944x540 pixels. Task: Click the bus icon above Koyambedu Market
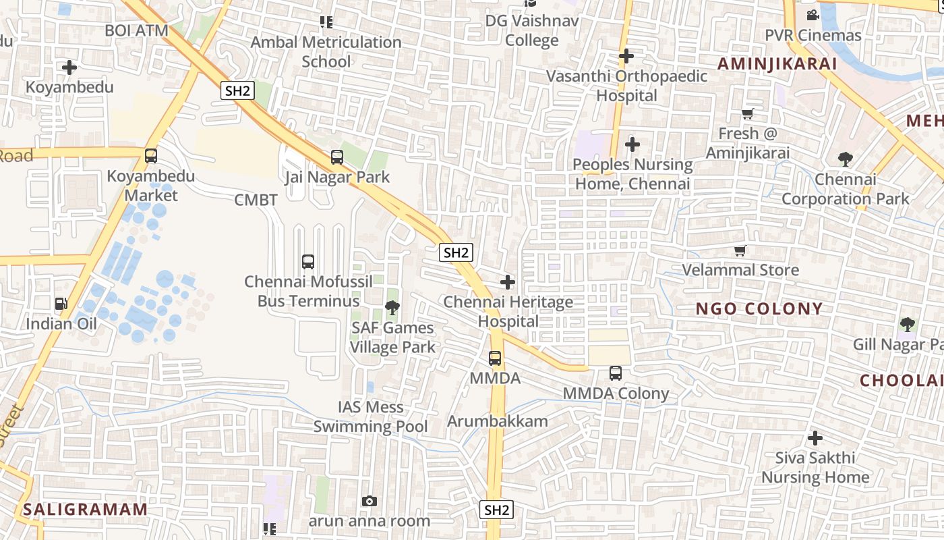[x=151, y=156]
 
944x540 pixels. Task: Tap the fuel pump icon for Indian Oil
[x=61, y=304]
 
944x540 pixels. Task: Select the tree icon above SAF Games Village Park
[x=392, y=308]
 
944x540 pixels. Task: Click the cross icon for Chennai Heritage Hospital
[x=508, y=282]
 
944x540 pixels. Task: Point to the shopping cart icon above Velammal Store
[x=740, y=251]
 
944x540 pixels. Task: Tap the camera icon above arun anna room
[x=369, y=501]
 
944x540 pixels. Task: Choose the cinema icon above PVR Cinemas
[x=813, y=15]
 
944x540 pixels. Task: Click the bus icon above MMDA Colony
[x=615, y=373]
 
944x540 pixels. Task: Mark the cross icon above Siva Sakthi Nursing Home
[x=815, y=437]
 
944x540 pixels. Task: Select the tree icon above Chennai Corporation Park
[x=845, y=159]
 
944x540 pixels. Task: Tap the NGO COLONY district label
[x=759, y=309]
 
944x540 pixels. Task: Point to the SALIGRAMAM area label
[x=85, y=510]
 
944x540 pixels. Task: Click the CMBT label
[x=256, y=200]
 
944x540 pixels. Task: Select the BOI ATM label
[x=136, y=30]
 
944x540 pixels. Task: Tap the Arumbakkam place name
[x=498, y=421]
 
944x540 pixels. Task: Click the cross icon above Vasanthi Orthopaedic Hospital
[x=626, y=56]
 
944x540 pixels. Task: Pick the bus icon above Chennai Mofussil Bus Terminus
[x=308, y=261]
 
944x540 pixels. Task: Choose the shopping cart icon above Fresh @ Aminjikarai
[x=747, y=114]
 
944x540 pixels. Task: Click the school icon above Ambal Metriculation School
[x=326, y=22]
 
